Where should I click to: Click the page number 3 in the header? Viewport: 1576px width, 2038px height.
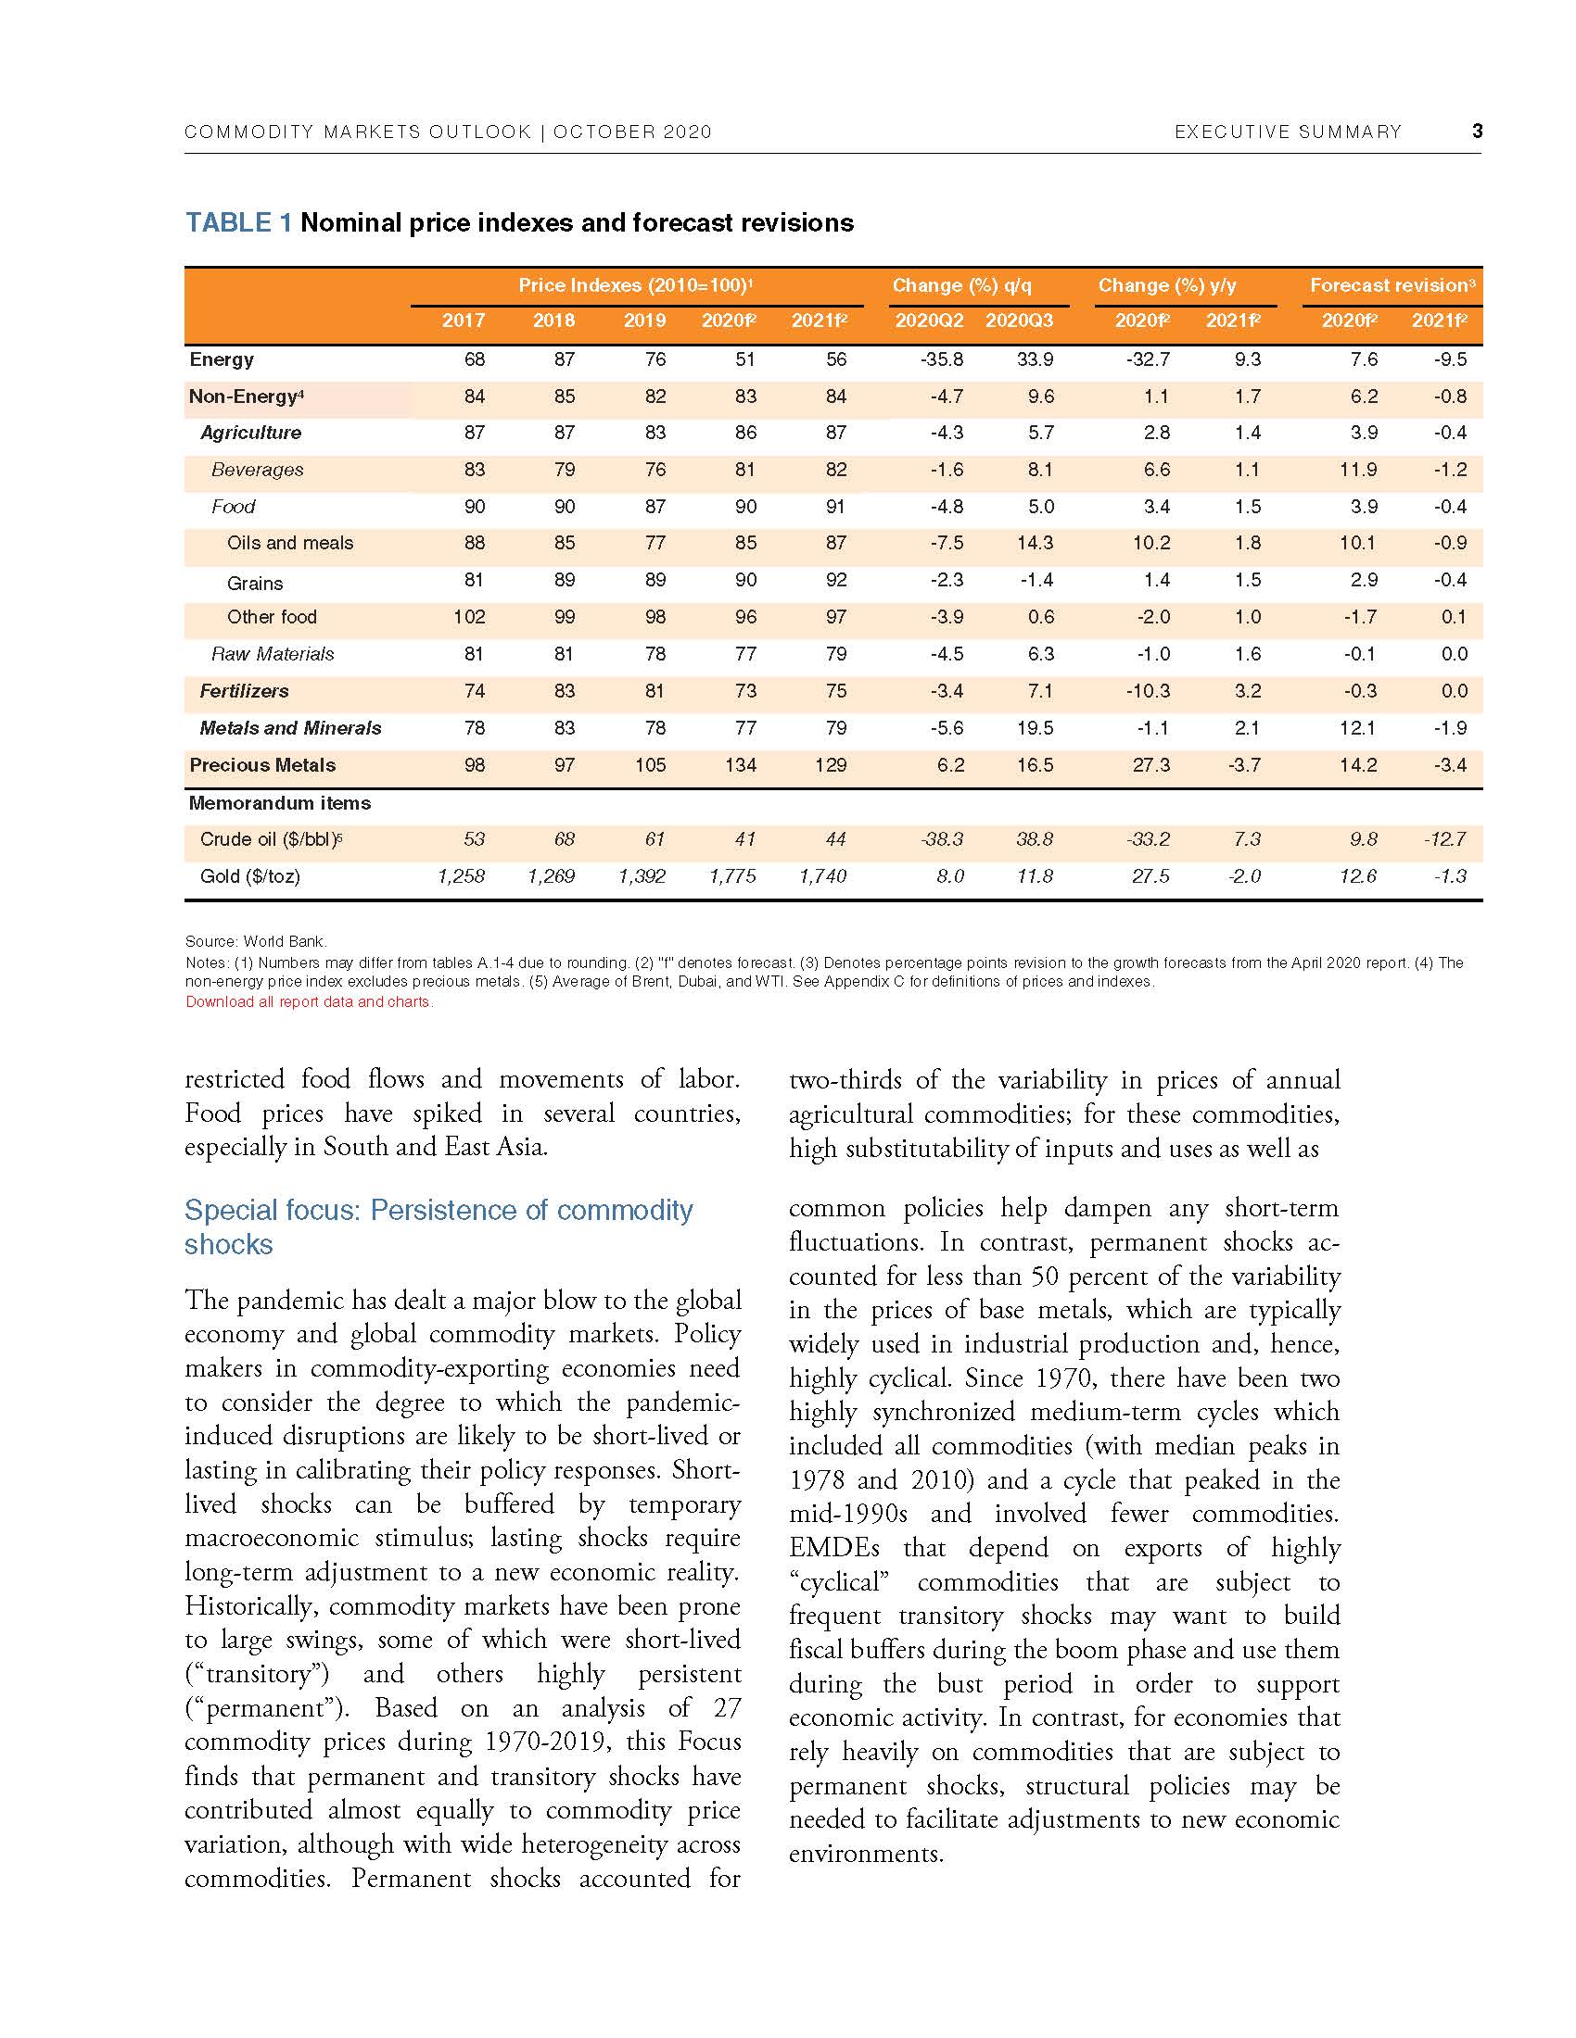pos(1476,131)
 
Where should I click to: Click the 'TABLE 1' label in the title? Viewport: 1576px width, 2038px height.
pos(239,222)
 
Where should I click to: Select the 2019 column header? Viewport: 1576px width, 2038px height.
pos(644,321)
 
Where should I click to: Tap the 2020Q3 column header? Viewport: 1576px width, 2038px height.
pos(1019,321)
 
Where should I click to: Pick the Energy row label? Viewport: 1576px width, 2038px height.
pos(222,359)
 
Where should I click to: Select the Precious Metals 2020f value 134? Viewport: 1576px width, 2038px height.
pos(741,765)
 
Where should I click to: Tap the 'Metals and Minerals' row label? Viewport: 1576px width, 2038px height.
pos(290,728)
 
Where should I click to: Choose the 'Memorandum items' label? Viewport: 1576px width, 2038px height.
pos(279,802)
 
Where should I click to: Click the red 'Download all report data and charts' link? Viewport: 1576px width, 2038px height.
pos(309,1001)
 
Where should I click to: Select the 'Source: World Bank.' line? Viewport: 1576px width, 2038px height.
pos(256,941)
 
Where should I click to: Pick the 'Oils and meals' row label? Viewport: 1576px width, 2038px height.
pos(289,543)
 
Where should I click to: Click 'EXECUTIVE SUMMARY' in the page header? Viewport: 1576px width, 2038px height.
pos(1288,132)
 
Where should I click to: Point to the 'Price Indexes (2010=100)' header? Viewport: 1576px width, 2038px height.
pos(635,285)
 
